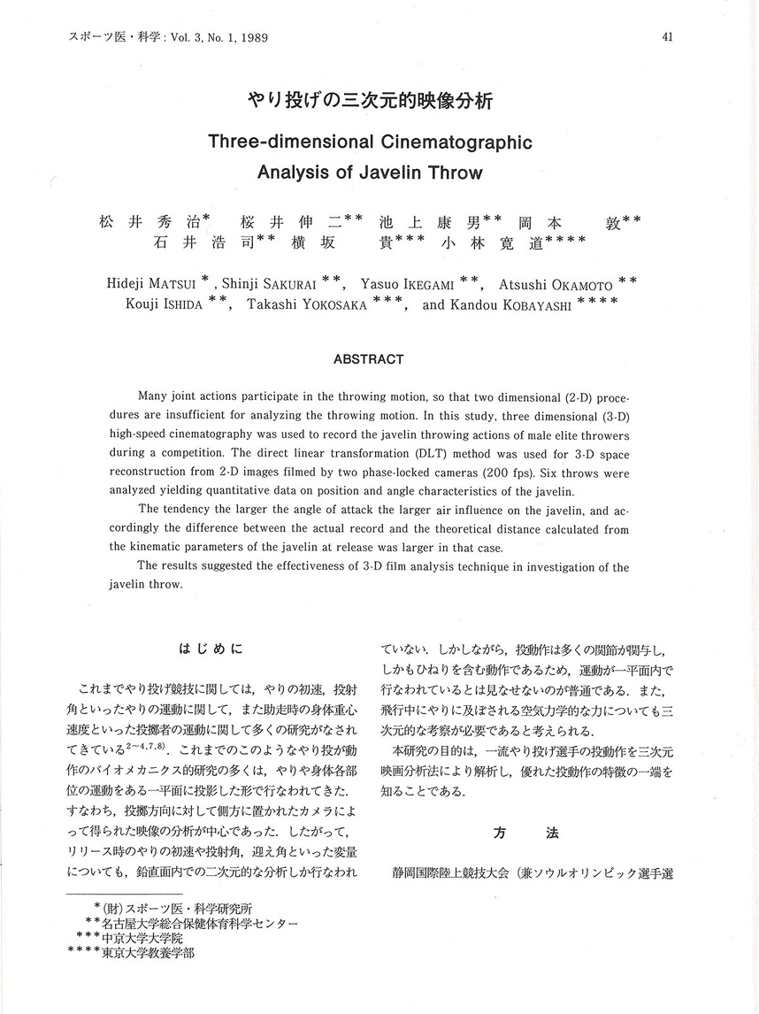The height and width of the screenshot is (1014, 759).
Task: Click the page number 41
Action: (667, 37)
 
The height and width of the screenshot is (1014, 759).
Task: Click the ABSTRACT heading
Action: (368, 359)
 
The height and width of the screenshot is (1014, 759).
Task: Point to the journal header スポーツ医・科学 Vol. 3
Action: (167, 38)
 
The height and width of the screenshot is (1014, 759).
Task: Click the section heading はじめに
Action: (210, 649)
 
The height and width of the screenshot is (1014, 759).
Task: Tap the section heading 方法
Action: (525, 833)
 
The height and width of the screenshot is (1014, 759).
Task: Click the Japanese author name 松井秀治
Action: (149, 222)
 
